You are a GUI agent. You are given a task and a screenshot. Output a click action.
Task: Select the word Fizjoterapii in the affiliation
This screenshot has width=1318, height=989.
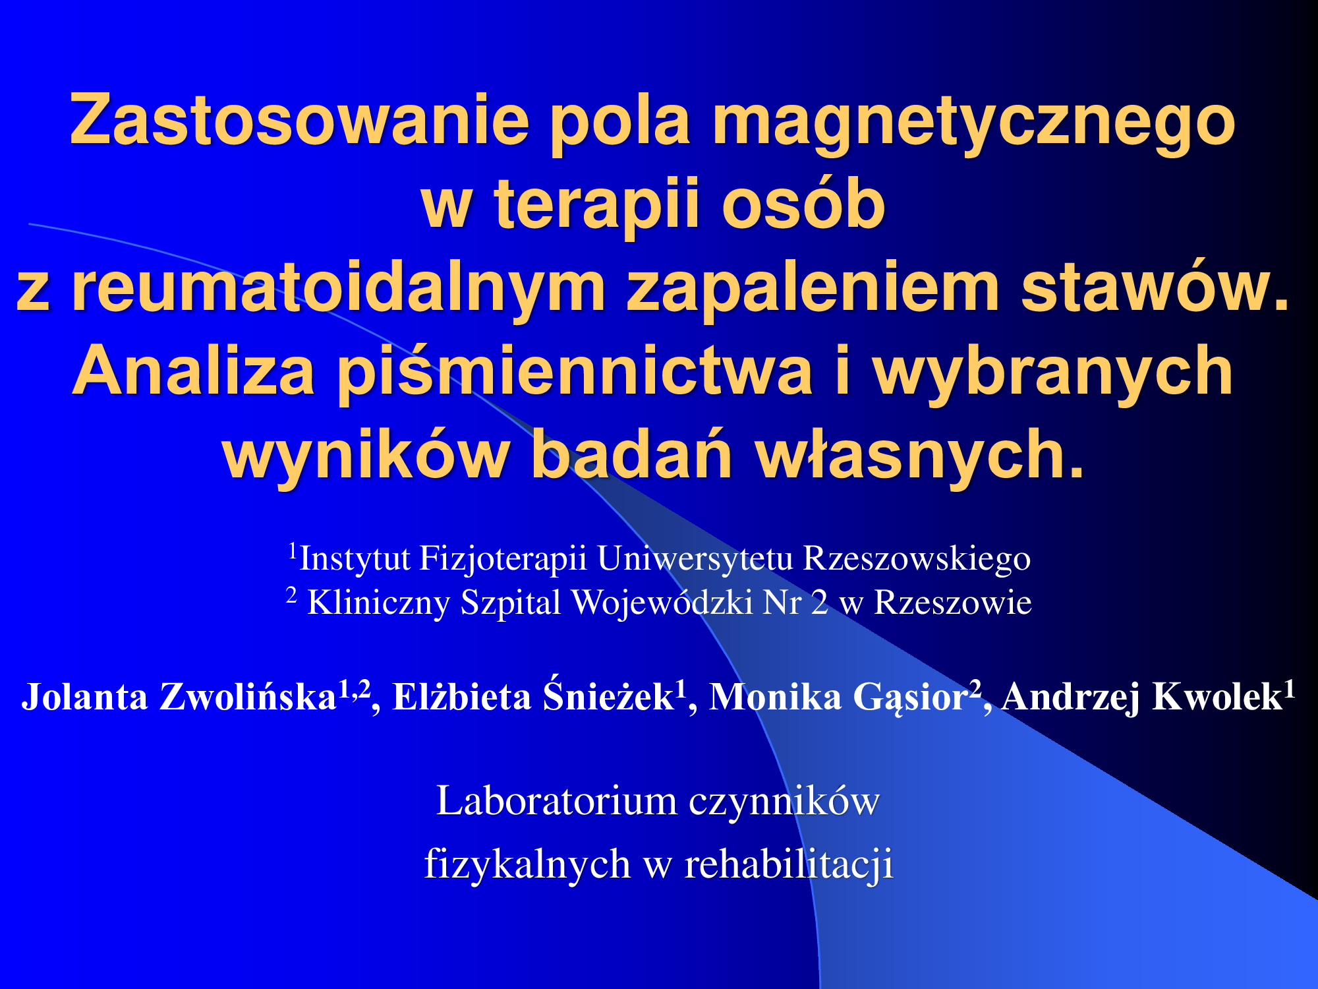point(503,559)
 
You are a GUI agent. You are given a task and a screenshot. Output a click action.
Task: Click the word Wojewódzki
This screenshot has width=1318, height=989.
point(662,603)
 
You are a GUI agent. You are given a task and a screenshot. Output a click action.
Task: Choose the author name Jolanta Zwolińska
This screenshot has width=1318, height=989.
point(180,697)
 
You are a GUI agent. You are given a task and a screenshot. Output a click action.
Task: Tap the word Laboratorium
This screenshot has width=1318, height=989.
point(557,801)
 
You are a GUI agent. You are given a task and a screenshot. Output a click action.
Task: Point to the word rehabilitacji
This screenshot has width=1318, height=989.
point(789,864)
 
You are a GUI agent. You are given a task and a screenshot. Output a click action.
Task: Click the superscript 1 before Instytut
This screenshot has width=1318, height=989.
point(294,549)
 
